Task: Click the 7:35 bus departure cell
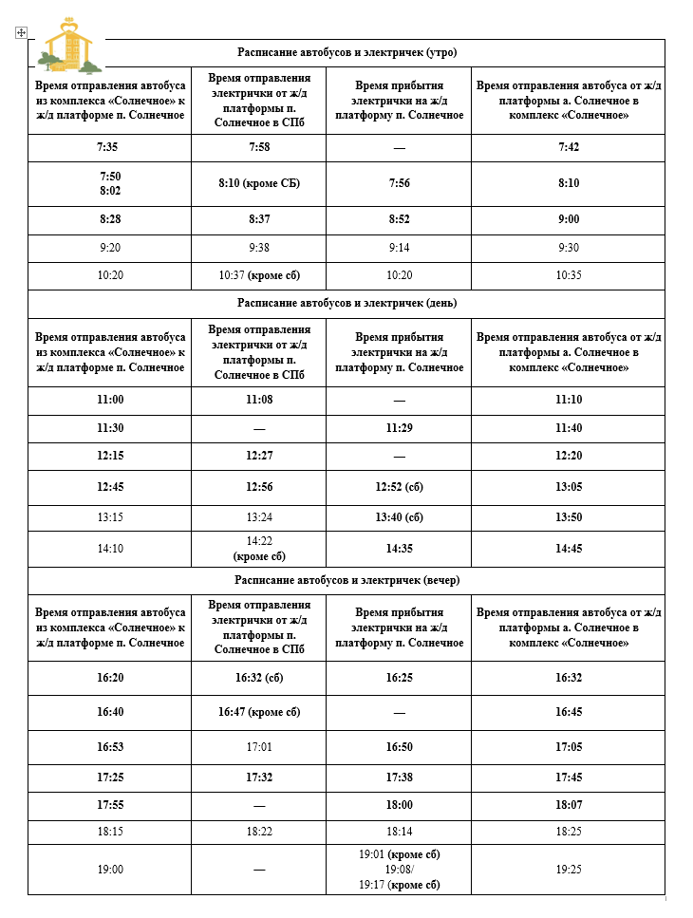109,147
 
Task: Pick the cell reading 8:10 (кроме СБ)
259,183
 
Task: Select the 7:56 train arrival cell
399,183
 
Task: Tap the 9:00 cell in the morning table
569,219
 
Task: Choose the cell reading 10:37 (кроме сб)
259,275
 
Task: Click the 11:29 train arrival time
399,428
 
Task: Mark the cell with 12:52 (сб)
399,487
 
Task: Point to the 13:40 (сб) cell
399,517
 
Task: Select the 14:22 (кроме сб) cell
259,548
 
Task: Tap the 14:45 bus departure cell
569,548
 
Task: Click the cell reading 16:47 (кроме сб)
259,712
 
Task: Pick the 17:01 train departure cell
259,747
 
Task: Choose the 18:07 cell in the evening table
569,805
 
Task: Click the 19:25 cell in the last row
569,870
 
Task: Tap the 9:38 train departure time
259,248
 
